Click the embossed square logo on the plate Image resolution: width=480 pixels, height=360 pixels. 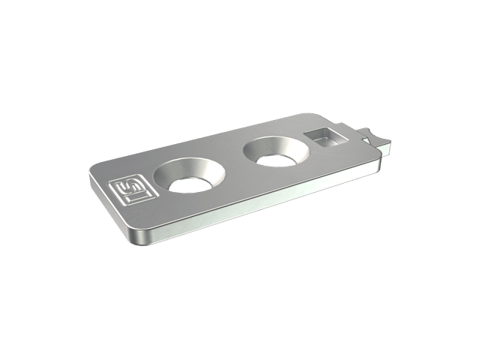click(133, 190)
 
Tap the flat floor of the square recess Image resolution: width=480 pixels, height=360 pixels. click(328, 142)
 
